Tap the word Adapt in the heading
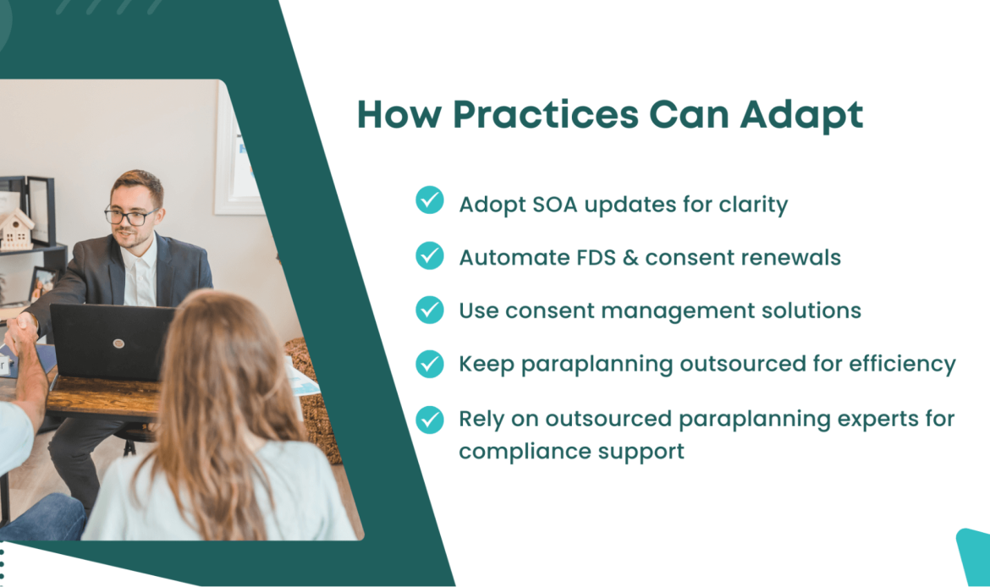pyautogui.click(x=801, y=115)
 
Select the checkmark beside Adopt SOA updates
pyautogui.click(x=430, y=200)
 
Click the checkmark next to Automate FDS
pyautogui.click(x=430, y=255)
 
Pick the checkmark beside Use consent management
pyautogui.click(x=430, y=310)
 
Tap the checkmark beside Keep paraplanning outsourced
pyautogui.click(x=430, y=364)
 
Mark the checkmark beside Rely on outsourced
pyautogui.click(x=430, y=419)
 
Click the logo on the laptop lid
pyautogui.click(x=118, y=343)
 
